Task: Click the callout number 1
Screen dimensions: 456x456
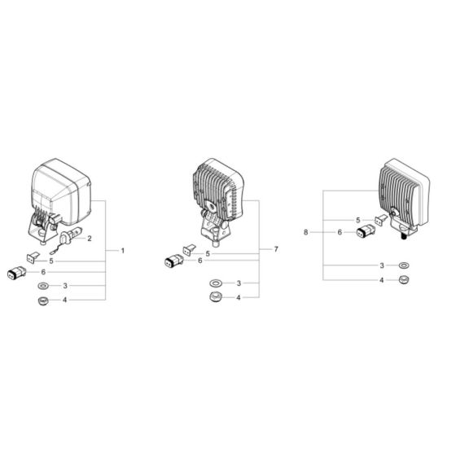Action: pos(123,250)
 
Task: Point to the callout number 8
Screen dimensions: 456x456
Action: pos(306,232)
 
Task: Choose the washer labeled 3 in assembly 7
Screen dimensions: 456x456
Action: pos(217,283)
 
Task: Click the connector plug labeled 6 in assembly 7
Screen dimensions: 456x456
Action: pos(173,261)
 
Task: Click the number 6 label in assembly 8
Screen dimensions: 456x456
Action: pos(339,232)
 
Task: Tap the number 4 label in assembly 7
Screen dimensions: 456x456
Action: pos(239,298)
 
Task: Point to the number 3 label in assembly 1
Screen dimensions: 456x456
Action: pos(64,287)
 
